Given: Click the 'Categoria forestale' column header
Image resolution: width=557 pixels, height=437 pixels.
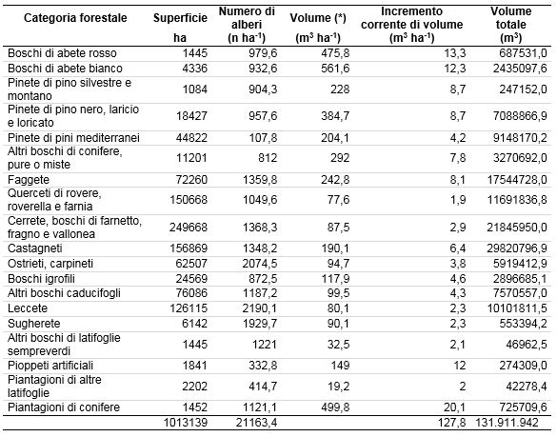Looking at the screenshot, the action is tap(75, 18).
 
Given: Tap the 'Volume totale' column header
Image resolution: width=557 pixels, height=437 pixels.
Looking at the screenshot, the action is tap(510, 25).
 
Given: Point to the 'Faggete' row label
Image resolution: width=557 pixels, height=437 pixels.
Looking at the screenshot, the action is tap(29, 179).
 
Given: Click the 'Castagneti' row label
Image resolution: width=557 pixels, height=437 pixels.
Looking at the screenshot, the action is tap(35, 248).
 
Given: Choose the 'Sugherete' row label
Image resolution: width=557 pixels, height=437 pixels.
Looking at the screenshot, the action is tap(33, 324).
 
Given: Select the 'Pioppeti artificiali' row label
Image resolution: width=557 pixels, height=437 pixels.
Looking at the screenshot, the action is tap(50, 366).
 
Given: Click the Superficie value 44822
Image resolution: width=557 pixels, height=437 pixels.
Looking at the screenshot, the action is tap(191, 138).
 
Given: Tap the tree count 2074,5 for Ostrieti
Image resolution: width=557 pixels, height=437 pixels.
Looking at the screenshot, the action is tap(260, 264).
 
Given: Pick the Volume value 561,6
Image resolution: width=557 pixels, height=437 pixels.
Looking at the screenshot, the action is tap(335, 69).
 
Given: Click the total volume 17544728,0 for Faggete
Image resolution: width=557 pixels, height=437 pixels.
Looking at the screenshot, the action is tap(517, 179).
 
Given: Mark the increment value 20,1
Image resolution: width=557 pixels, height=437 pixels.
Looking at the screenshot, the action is tap(455, 407).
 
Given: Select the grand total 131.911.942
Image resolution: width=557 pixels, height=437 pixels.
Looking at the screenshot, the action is tap(507, 423).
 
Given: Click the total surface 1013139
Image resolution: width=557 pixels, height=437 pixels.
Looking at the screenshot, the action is tap(186, 423).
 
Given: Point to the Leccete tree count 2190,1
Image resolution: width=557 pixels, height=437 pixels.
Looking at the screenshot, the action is tap(260, 308).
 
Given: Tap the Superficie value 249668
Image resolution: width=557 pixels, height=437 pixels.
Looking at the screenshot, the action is tap(189, 227).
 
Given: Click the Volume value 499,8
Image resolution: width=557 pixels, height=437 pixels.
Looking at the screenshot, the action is tap(335, 407).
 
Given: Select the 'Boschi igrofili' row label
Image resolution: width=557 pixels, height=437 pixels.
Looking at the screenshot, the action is tap(41, 279).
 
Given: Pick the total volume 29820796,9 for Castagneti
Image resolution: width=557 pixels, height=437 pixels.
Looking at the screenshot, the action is tap(517, 248).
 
